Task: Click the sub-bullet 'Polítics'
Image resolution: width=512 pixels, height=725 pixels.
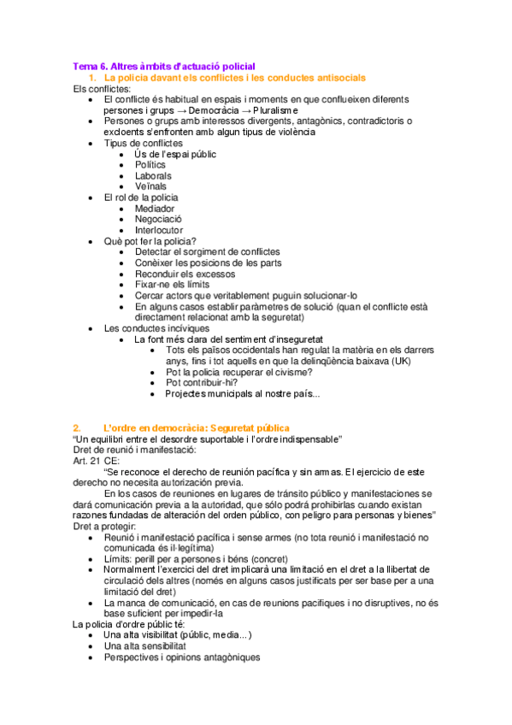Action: [150, 164]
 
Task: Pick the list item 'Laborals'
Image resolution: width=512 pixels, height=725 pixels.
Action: [153, 175]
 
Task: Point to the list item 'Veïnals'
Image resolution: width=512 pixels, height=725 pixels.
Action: [150, 186]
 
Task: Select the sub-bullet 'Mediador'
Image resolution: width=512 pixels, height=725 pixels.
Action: [155, 208]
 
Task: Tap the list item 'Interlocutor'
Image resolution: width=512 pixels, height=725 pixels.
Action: [159, 230]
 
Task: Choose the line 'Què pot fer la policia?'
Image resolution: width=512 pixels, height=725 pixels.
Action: [150, 241]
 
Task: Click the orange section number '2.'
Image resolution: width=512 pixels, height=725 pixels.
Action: [77, 427]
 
